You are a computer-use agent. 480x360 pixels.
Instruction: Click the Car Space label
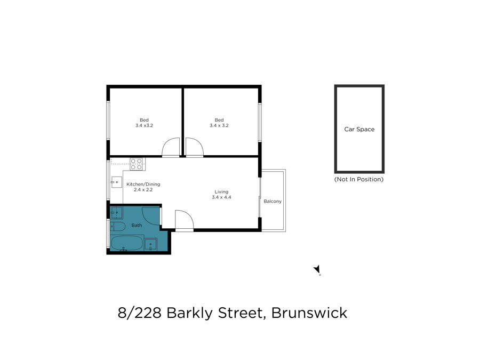359,129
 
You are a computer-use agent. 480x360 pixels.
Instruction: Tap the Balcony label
273,201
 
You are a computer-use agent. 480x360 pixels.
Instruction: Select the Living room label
221,192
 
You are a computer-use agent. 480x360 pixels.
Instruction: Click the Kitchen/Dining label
143,184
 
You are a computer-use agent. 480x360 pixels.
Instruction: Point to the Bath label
137,225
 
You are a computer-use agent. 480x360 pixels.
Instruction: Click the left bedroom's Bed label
144,120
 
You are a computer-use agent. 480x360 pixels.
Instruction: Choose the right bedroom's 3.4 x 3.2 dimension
219,125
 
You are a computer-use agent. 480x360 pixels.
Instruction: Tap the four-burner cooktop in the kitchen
138,164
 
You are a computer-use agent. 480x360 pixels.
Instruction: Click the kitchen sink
116,182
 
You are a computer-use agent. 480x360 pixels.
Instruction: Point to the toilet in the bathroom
117,227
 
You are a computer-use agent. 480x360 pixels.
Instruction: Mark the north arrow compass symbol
317,270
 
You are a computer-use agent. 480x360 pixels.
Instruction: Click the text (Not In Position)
359,179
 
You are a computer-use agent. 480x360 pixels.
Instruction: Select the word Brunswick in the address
309,313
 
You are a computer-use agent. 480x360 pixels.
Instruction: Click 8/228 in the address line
140,313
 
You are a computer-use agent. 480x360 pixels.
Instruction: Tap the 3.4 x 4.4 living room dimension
221,197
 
